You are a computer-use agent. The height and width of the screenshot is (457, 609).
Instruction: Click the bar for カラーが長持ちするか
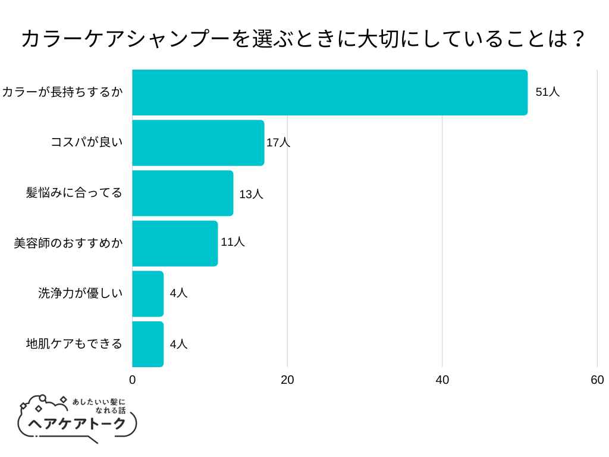(329, 92)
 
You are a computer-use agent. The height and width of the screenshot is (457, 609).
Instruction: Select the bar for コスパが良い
(198, 143)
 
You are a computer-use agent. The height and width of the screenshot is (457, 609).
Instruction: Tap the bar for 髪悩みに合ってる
(183, 193)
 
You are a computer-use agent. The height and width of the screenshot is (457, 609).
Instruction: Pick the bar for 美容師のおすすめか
(175, 243)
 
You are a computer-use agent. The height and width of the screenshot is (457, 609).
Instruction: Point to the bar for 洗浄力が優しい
(147, 294)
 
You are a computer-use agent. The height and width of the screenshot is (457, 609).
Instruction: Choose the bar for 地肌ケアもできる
(147, 344)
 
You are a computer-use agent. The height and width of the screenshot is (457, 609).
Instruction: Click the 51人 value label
(547, 92)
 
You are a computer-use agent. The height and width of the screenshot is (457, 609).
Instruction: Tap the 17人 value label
(278, 143)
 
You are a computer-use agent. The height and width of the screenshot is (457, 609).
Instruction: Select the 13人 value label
(251, 194)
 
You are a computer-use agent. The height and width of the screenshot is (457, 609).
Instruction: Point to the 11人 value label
(233, 242)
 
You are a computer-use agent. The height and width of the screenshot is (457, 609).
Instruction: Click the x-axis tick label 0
(132, 380)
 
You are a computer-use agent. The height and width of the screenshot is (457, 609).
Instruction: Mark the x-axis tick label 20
(287, 380)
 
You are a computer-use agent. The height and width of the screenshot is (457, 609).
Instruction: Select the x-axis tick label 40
(442, 380)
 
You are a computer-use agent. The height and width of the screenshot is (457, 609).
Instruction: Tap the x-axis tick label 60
(597, 380)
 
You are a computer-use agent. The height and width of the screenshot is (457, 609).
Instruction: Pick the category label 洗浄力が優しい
(80, 293)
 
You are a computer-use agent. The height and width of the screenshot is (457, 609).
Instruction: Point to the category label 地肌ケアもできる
(74, 344)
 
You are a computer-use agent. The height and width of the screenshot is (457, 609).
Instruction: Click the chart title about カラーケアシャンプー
(304, 40)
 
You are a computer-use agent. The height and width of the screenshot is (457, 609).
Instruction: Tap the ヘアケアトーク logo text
(78, 423)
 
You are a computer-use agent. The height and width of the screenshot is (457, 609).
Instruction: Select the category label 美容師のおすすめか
(68, 243)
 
